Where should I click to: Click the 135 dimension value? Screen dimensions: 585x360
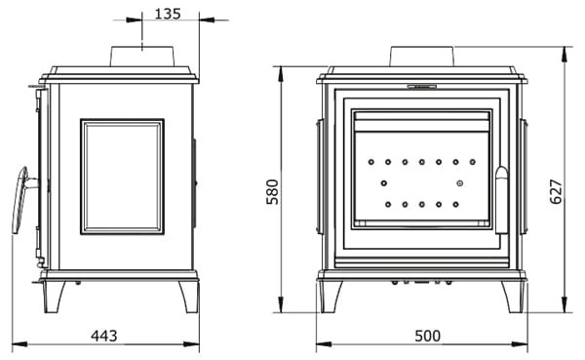(x=168, y=14)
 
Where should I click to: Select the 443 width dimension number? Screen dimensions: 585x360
(x=104, y=336)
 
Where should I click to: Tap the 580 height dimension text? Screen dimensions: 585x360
(x=272, y=191)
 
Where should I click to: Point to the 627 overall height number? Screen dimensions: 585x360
(x=556, y=191)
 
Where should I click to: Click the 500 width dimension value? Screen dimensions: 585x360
(x=428, y=336)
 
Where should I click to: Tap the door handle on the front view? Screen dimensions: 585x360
(x=502, y=200)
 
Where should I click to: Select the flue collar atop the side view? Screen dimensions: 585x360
(x=142, y=57)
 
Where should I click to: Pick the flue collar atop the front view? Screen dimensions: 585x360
(x=422, y=57)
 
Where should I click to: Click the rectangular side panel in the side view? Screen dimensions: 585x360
(x=123, y=177)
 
